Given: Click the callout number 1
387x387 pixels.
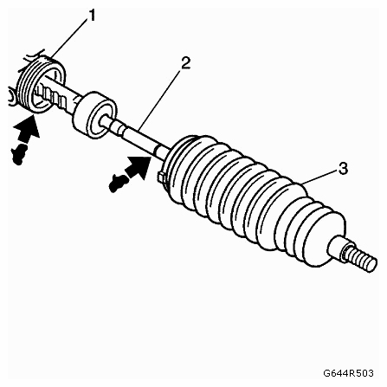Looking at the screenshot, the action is (92, 16).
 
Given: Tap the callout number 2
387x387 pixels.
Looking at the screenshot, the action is (186, 62).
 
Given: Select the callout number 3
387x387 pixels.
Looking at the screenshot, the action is (343, 169).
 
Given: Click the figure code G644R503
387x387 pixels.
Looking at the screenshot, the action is (348, 373).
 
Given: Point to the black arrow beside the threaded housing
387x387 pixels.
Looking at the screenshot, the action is (27, 129).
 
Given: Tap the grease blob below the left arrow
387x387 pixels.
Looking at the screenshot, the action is (19, 155).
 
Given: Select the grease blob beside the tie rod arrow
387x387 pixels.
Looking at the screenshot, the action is (119, 184).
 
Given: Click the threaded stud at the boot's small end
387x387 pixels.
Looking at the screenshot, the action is (361, 258).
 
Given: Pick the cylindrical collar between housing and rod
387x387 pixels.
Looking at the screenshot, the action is (94, 115).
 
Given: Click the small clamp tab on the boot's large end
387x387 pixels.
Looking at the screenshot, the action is (161, 177).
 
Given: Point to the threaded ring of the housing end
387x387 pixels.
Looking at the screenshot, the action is (41, 84).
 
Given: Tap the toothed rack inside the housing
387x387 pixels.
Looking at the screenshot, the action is (54, 97).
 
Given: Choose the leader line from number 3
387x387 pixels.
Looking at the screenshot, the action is (319, 177).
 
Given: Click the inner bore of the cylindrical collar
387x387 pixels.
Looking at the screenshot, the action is (103, 121).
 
